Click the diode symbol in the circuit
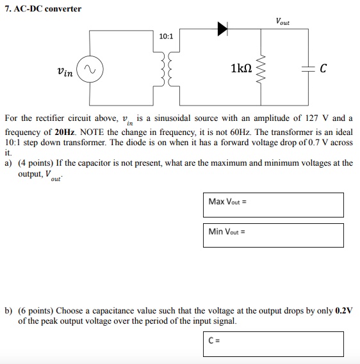222,28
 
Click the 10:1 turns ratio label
166,36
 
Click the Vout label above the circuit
282,22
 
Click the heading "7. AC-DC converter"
43,9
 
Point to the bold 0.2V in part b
343,310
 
